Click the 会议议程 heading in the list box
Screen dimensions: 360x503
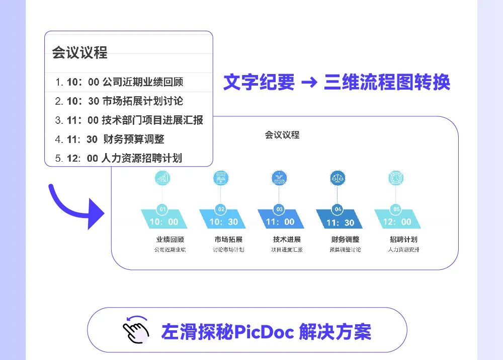pyautogui.click(x=80, y=52)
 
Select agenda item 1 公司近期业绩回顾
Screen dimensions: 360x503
pyautogui.click(x=119, y=82)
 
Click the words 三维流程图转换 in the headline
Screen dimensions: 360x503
pyautogui.click(x=386, y=83)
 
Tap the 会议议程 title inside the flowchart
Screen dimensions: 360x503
pyautogui.click(x=282, y=135)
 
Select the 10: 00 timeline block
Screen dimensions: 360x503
pyautogui.click(x=164, y=221)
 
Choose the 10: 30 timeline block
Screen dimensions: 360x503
pyautogui.click(x=223, y=221)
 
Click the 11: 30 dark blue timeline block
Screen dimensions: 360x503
pyautogui.click(x=340, y=222)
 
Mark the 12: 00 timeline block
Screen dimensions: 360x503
pyautogui.click(x=397, y=221)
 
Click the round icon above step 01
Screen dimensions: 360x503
pyautogui.click(x=162, y=178)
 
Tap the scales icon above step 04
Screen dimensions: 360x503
pyautogui.click(x=338, y=178)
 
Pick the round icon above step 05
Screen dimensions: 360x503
pyautogui.click(x=396, y=178)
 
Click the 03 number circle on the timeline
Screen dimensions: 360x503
pyautogui.click(x=279, y=209)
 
